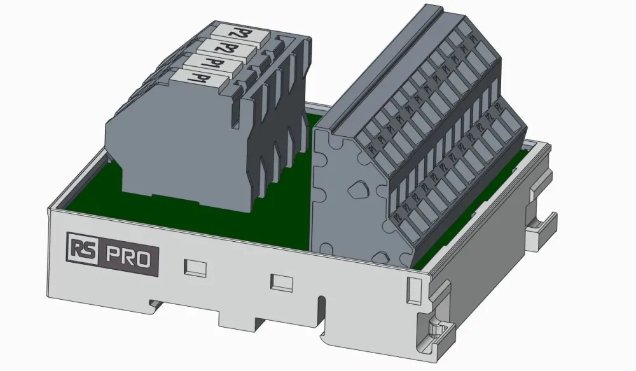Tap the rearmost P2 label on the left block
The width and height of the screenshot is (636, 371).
(235, 31)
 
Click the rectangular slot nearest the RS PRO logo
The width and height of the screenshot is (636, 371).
(195, 267)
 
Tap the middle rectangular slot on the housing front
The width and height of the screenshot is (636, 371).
(281, 281)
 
